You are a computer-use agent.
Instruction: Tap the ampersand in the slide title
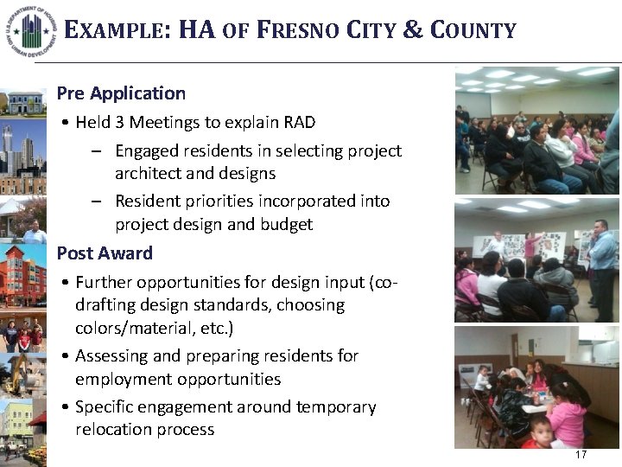pos(414,31)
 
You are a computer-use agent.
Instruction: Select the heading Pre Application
pos(121,93)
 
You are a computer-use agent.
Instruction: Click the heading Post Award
pos(105,253)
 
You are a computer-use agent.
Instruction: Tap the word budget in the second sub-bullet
pos(289,225)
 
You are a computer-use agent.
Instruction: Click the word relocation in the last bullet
pos(115,430)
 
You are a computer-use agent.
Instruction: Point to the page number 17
pos(581,455)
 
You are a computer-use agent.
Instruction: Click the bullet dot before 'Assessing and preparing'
pos(66,356)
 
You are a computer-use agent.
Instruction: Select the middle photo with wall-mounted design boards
pos(537,260)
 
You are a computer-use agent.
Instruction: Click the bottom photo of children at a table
pos(537,387)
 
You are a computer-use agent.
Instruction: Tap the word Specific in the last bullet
pos(107,406)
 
